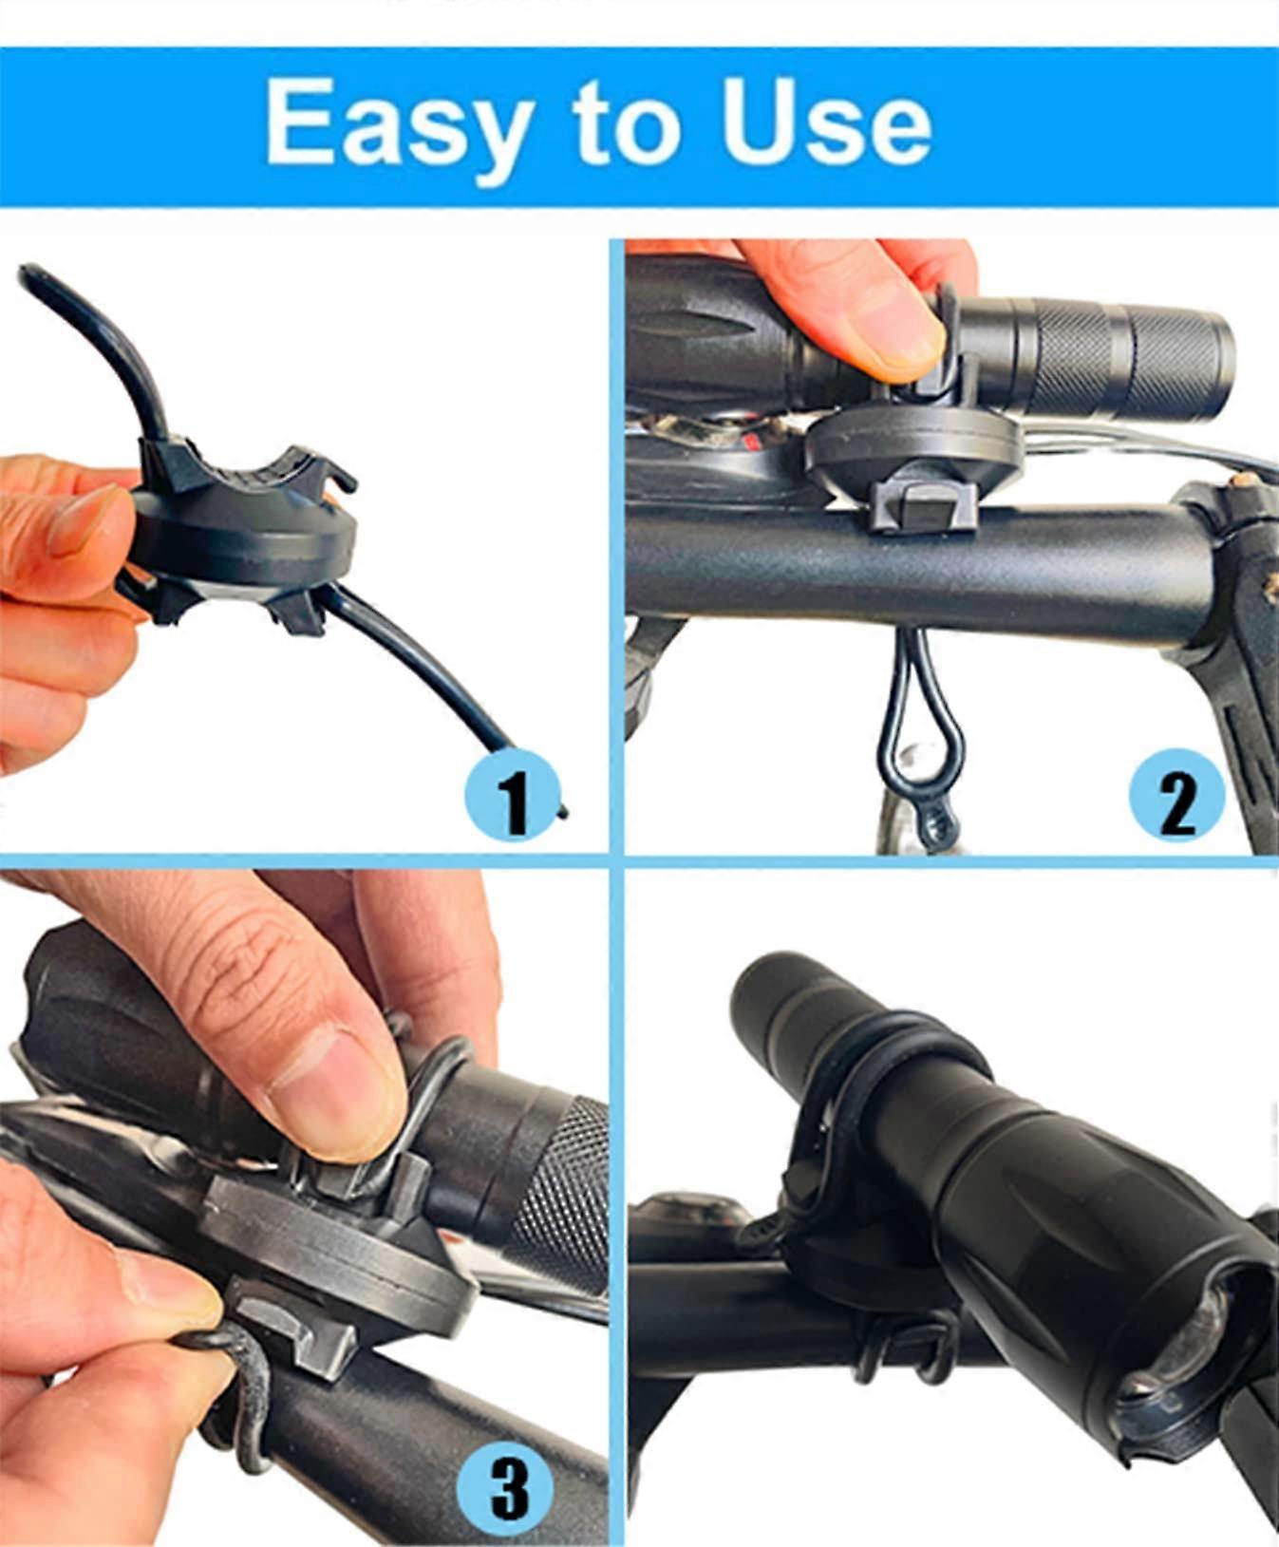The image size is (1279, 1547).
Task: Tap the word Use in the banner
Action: click(x=826, y=122)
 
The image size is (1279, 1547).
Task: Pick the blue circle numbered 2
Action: click(x=1177, y=797)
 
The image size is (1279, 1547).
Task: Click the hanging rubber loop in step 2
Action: click(x=921, y=741)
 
